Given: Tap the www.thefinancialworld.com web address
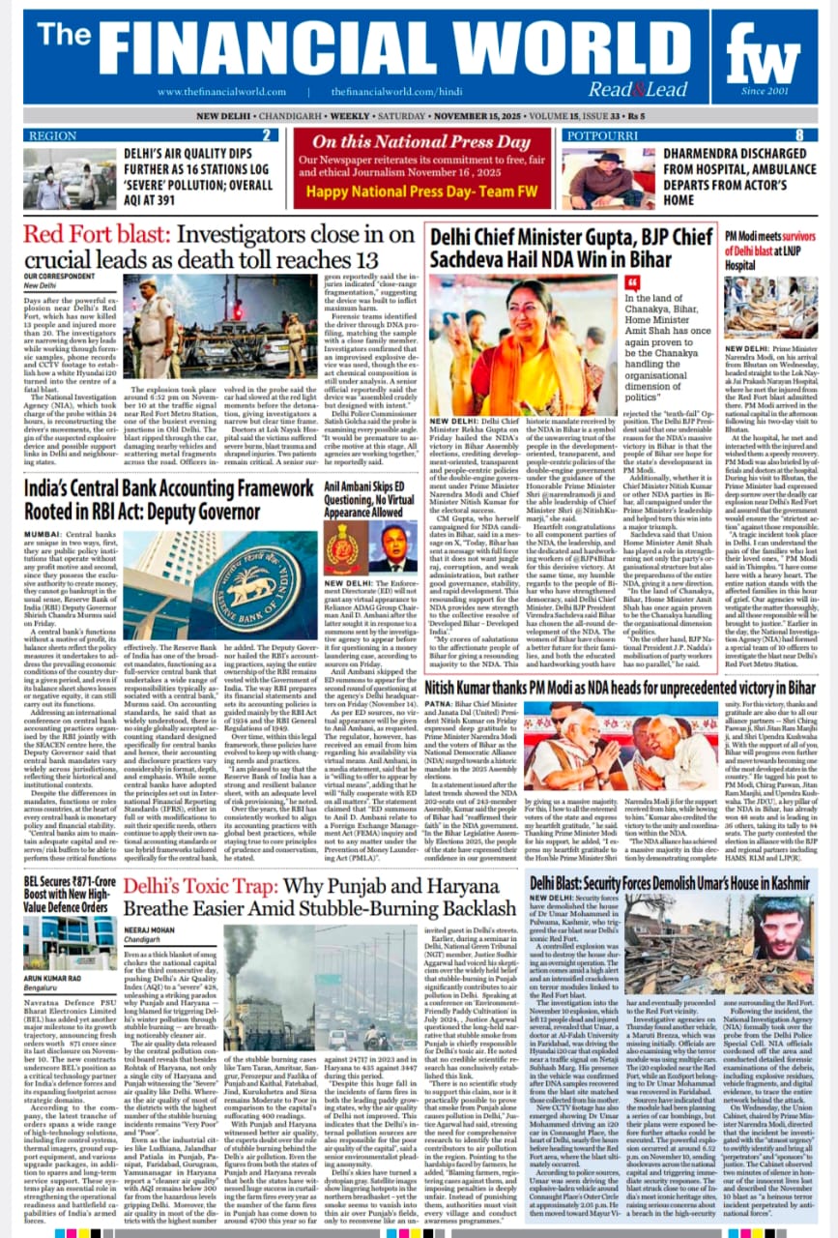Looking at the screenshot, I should [224, 91].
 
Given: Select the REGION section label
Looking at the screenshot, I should [54, 135].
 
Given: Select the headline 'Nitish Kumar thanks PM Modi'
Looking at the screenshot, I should [619, 660].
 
